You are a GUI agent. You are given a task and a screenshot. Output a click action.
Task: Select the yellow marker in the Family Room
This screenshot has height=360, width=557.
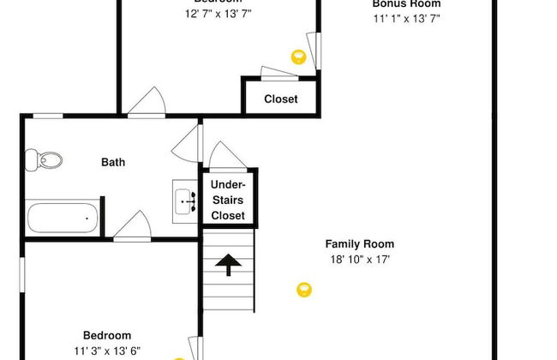pos(303,290)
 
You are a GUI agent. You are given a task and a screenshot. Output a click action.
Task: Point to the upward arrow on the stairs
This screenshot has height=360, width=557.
pos(229,266)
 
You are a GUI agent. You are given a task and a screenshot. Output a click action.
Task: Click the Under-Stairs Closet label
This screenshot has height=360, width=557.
pos(228,200)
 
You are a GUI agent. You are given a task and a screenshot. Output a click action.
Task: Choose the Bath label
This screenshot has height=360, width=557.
pos(113,161)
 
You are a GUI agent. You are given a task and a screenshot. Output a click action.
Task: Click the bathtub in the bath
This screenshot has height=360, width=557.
pos(60,217)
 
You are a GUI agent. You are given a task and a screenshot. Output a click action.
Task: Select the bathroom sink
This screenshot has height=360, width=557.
pos(185,202)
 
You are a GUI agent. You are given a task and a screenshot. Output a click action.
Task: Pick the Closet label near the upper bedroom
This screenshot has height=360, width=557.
pos(280,99)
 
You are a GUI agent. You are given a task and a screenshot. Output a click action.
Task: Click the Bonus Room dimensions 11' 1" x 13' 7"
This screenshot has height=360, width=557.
pos(406,18)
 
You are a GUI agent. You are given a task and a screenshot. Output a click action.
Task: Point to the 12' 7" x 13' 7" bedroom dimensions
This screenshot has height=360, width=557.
pos(218,14)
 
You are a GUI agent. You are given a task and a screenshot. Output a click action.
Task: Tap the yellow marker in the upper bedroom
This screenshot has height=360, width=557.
pos(298,57)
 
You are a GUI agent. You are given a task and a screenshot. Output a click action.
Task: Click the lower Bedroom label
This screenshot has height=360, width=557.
pos(106,335)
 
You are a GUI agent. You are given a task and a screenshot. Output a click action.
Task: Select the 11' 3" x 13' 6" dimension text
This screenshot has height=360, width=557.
pos(106,350)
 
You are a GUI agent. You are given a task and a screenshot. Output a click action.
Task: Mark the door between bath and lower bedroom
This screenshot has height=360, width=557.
pos(133,227)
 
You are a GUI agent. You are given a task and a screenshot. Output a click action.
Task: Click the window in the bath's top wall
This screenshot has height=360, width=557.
pos(48,115)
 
